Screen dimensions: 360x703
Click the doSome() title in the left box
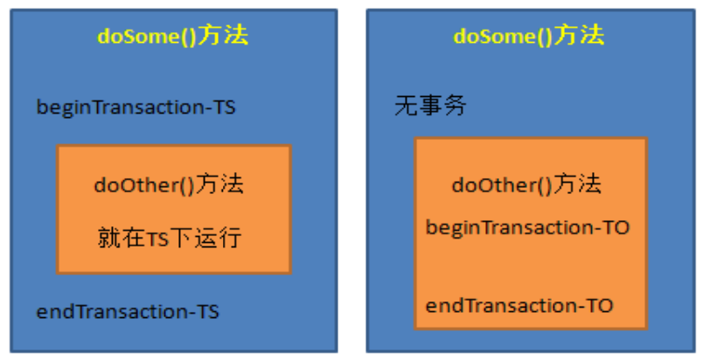pyautogui.click(x=173, y=36)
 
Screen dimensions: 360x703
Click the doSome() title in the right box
pyautogui.click(x=529, y=36)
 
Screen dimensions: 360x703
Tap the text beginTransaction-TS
pyautogui.click(x=136, y=107)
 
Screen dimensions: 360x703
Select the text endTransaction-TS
pyautogui.click(x=128, y=311)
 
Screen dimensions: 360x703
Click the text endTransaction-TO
pyautogui.click(x=519, y=305)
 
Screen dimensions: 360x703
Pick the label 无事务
pyautogui.click(x=430, y=107)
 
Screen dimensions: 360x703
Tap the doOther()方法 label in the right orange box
pyautogui.click(x=526, y=185)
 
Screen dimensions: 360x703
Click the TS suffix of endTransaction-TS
pyautogui.click(x=208, y=311)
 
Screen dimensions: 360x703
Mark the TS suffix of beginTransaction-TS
pyautogui.click(x=224, y=107)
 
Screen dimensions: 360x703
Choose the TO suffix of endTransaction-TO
pyautogui.click(x=600, y=305)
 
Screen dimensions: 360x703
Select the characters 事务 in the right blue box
pyautogui.click(x=442, y=107)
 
